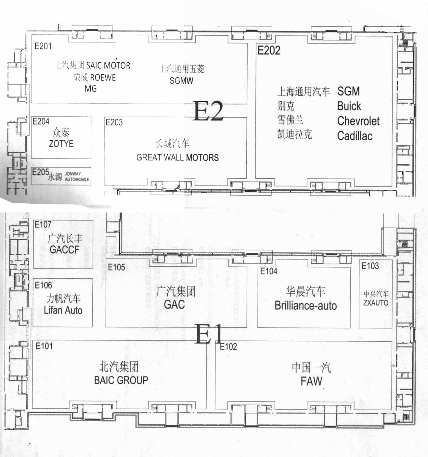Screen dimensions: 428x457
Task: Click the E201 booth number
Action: [x=43, y=46]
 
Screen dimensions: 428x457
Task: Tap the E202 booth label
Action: [x=269, y=50]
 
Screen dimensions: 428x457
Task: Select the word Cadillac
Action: [x=355, y=136]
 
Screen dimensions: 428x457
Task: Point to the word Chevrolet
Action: [x=358, y=121]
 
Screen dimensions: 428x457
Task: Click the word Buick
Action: [x=349, y=106]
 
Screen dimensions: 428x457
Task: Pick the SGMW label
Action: [x=182, y=81]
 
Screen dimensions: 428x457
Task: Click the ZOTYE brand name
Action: [x=61, y=144]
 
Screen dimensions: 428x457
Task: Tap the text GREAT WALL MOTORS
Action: [x=177, y=158]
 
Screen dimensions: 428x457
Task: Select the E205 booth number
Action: [x=41, y=172]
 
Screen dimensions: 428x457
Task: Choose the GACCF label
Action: [x=64, y=250]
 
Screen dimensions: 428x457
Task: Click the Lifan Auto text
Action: [x=63, y=310]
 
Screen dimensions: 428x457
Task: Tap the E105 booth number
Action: [x=116, y=267]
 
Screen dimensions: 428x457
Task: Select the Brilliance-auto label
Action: [x=306, y=306]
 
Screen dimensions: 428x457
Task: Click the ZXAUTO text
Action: [x=376, y=303]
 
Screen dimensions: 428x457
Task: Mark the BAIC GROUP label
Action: [x=121, y=380]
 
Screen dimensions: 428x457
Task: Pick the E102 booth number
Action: [x=228, y=347]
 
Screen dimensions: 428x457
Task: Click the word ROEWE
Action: [x=103, y=78]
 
